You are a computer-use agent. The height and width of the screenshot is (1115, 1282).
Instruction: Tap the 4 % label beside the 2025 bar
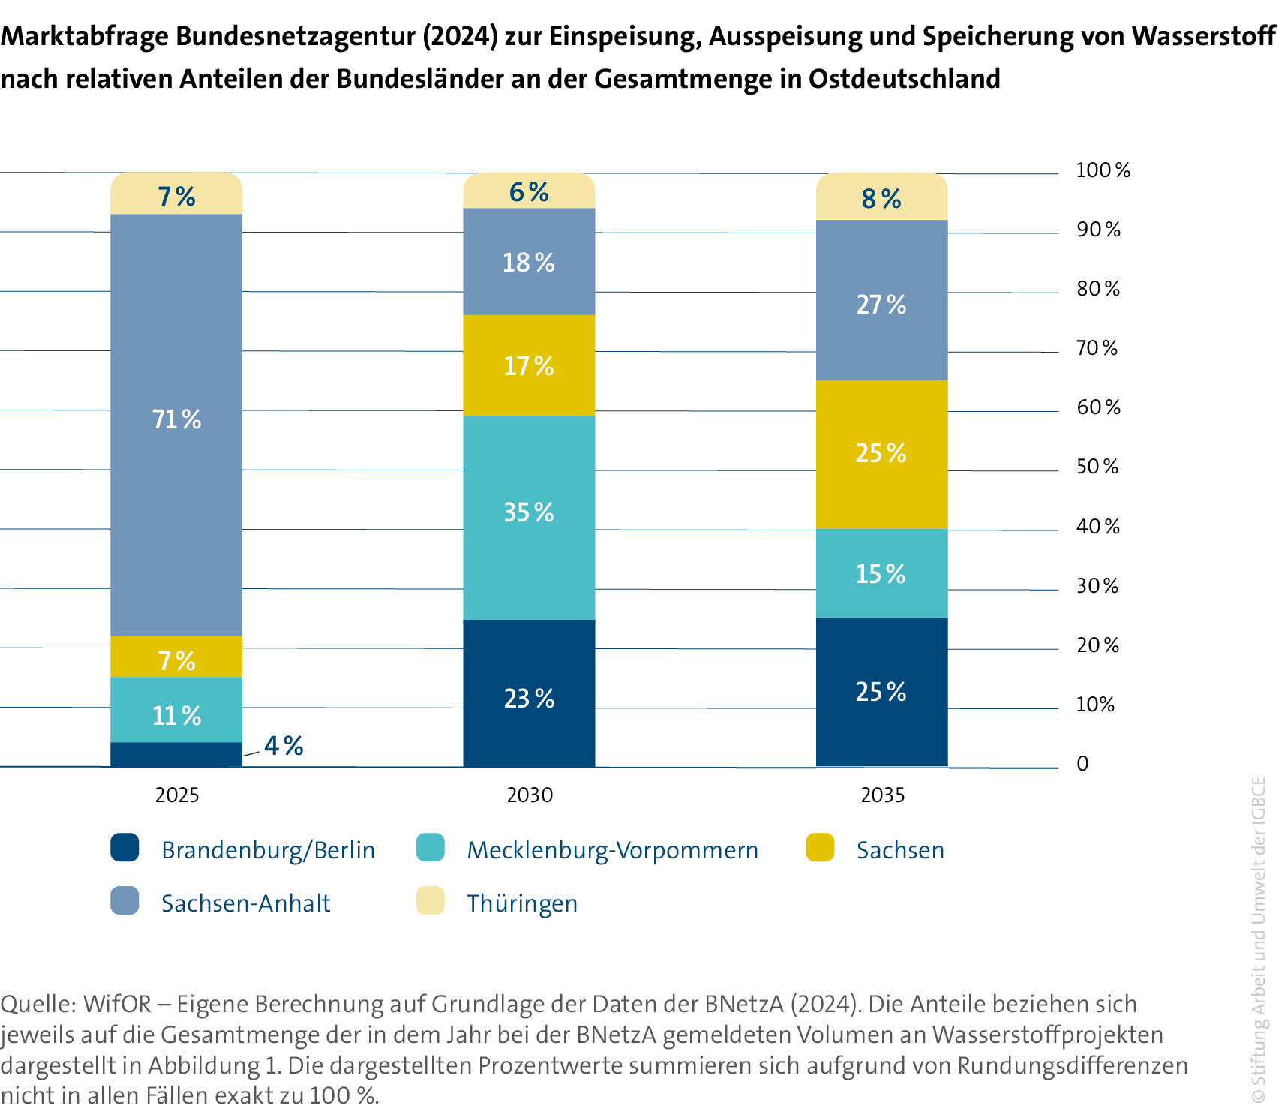coord(284,746)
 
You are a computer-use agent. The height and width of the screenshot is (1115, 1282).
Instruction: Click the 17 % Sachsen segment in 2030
coord(529,366)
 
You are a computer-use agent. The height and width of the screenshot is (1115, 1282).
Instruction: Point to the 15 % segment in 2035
coord(881,574)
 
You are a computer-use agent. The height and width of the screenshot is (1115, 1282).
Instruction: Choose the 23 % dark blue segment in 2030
coord(529,698)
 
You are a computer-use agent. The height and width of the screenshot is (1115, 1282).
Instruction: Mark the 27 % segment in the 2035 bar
coord(881,304)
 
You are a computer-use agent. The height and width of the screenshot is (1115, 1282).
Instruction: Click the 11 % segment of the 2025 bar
coord(176,714)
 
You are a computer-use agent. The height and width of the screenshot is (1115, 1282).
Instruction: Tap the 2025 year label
coord(177,795)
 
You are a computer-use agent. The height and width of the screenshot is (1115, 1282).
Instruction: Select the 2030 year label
coord(530,795)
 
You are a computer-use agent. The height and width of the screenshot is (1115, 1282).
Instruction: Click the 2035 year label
coord(883,795)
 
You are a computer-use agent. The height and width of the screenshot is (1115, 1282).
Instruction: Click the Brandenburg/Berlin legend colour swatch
coord(125,848)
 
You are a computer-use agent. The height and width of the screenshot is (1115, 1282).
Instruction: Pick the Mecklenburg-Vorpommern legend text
coord(612,850)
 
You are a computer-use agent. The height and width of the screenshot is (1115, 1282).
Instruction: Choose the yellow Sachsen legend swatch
coord(820,848)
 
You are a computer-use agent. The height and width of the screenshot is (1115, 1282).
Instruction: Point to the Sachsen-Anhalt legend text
coord(246,903)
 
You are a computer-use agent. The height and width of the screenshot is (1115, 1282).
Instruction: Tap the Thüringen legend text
coord(522,903)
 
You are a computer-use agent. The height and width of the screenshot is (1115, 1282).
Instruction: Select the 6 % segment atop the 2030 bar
coord(529,192)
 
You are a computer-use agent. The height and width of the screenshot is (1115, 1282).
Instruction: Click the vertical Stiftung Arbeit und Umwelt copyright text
coord(1259,938)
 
